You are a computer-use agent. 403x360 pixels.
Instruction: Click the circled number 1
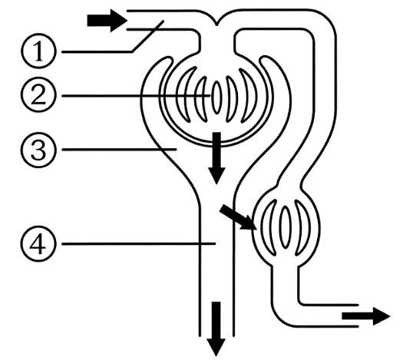pyautogui.click(x=38, y=51)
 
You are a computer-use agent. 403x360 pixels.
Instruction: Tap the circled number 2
pyautogui.click(x=38, y=95)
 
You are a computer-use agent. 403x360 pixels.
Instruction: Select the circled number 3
pyautogui.click(x=38, y=150)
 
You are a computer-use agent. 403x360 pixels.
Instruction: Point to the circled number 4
pyautogui.click(x=38, y=244)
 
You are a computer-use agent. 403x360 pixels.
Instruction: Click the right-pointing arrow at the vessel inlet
pyautogui.click(x=107, y=21)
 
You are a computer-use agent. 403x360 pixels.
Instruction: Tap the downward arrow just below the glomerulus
pyautogui.click(x=216, y=158)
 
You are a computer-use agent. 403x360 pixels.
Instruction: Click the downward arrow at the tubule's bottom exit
pyautogui.click(x=216, y=329)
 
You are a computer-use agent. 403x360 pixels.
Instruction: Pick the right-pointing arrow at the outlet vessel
pyautogui.click(x=366, y=316)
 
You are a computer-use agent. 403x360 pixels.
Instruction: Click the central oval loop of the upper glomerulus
pyautogui.click(x=216, y=97)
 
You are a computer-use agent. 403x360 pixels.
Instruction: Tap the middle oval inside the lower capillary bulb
pyautogui.click(x=285, y=227)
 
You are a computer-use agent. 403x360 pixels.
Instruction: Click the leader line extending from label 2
pyautogui.click(x=136, y=96)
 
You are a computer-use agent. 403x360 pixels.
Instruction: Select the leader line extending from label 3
pyautogui.click(x=119, y=149)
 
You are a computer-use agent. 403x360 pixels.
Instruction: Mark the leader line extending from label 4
pyautogui.click(x=139, y=243)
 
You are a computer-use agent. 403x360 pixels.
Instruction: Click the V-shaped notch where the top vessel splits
pyautogui.click(x=216, y=24)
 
